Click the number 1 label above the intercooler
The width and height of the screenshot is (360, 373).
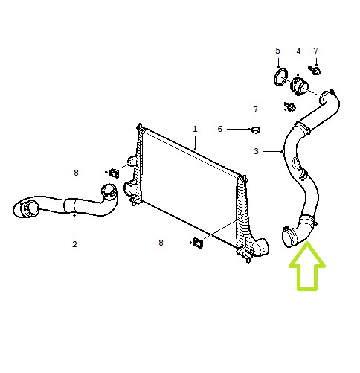(x=195, y=129)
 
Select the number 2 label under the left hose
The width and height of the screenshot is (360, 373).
(x=74, y=244)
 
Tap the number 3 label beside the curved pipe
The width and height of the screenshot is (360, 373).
(x=256, y=151)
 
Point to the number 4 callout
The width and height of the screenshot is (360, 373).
(x=298, y=51)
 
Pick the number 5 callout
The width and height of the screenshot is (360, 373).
(x=277, y=51)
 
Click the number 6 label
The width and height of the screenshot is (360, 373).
(x=220, y=129)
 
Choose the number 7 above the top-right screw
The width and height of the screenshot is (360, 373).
(x=315, y=51)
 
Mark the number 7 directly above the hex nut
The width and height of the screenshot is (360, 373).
(x=256, y=109)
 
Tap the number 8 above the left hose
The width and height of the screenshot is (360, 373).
(x=76, y=173)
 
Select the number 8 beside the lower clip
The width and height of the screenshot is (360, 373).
(x=161, y=243)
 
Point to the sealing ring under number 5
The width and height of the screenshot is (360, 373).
(x=281, y=77)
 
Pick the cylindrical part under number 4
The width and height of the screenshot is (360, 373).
(x=298, y=86)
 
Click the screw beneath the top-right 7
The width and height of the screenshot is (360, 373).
(x=315, y=70)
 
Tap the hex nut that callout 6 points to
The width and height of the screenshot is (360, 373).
(x=255, y=130)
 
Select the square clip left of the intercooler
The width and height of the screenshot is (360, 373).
(x=114, y=173)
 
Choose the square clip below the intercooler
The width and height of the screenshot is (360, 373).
(x=198, y=243)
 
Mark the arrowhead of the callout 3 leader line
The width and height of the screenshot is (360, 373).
(x=282, y=151)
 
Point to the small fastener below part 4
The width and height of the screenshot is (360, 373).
(x=289, y=106)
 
